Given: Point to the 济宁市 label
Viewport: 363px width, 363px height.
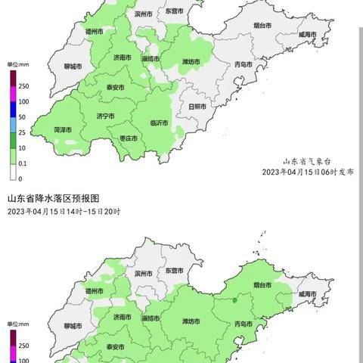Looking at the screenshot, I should [x=105, y=116].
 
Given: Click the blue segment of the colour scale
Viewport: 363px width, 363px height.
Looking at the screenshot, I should [x=14, y=110].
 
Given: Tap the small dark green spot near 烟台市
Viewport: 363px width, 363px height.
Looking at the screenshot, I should [x=234, y=300].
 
